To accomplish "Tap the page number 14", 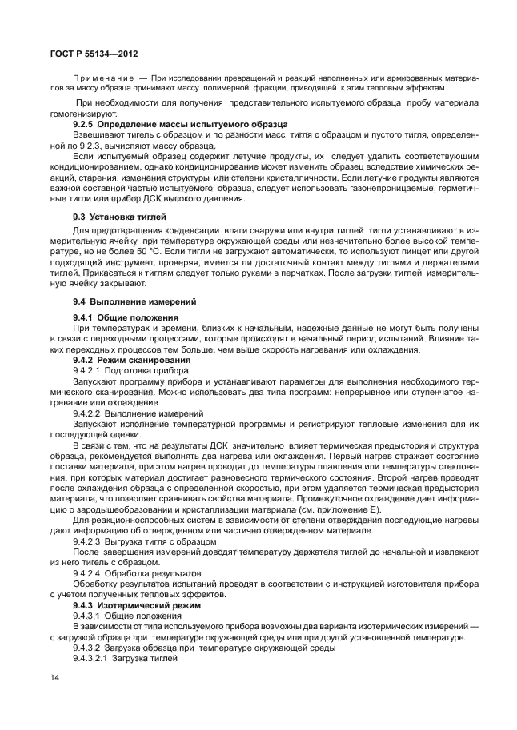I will (54, 678).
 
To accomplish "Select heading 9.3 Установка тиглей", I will (119, 217).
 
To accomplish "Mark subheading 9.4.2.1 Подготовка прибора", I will (131, 370).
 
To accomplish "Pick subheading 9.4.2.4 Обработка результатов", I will (137, 573).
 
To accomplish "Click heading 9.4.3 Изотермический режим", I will (136, 605).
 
